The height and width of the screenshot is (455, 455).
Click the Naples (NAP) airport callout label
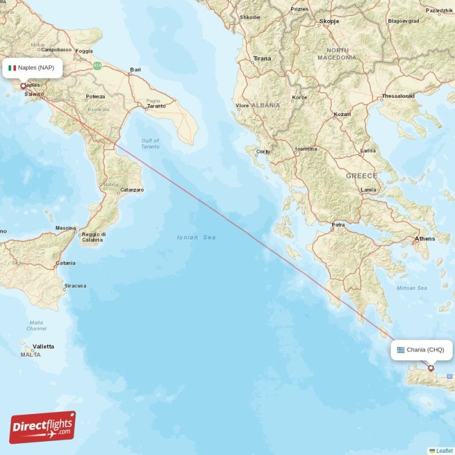pyautogui.click(x=32, y=68)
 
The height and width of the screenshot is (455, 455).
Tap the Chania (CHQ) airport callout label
pyautogui.click(x=421, y=350)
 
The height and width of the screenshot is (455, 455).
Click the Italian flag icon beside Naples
pyautogui.click(x=12, y=68)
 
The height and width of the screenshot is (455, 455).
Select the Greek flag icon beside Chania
pyautogui.click(x=400, y=350)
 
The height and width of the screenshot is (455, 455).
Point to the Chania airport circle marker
pyautogui.click(x=431, y=368)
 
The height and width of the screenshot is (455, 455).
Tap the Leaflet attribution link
pyautogui.click(x=444, y=451)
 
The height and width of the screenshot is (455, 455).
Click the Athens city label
pyautogui.click(x=425, y=239)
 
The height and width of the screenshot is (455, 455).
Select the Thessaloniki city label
pyautogui.click(x=400, y=96)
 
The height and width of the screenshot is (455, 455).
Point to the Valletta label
pyautogui.click(x=43, y=346)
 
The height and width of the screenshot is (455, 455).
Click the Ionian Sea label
pyautogui.click(x=196, y=237)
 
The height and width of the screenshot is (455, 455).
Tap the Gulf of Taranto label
pyautogui.click(x=151, y=143)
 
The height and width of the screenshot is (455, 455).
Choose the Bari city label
pyautogui.click(x=135, y=71)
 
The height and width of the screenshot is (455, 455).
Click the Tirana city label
pyautogui.click(x=262, y=59)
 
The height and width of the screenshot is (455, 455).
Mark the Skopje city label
pyautogui.click(x=329, y=21)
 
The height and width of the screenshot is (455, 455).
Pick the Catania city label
pyautogui.click(x=65, y=263)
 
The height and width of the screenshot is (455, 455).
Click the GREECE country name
pyautogui.click(x=362, y=176)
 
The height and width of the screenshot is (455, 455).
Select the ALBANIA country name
pyautogui.click(x=266, y=105)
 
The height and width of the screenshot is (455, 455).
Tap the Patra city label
pyautogui.click(x=338, y=225)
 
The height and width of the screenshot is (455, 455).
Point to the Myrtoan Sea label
pyautogui.click(x=412, y=288)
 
